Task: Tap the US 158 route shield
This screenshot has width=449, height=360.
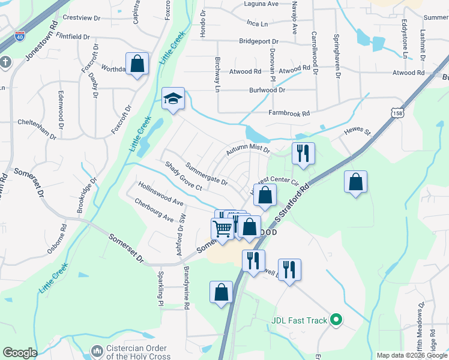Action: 396,113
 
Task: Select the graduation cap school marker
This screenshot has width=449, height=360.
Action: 173,99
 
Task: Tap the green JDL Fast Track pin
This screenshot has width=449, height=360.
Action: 337,320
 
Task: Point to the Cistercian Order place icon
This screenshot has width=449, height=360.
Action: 97,350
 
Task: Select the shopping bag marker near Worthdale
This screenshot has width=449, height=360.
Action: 137,63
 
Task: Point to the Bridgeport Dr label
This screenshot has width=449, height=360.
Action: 259,41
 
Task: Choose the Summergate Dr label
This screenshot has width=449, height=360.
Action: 206,173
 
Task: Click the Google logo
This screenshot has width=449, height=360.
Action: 20,353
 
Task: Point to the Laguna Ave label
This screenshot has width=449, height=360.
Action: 261,4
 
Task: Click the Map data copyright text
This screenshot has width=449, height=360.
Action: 411,355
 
